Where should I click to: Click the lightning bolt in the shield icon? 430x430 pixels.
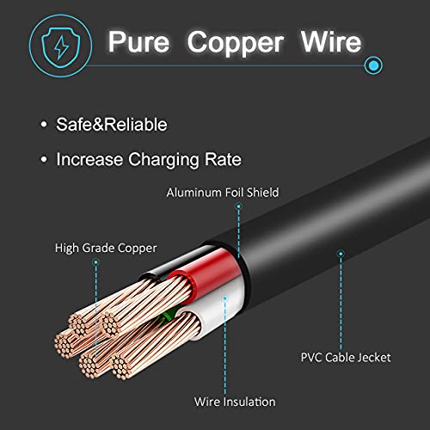click(x=61, y=47)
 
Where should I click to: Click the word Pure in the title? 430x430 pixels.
click(x=138, y=42)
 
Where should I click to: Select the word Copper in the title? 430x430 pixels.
click(x=236, y=44)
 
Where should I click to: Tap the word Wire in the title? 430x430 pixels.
click(x=331, y=42)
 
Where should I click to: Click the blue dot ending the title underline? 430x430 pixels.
click(x=373, y=65)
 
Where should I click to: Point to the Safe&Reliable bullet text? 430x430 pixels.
click(x=112, y=125)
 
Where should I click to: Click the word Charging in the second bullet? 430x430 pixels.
click(x=163, y=160)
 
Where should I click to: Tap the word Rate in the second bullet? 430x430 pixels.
click(x=223, y=159)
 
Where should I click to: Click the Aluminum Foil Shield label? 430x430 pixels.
click(x=223, y=193)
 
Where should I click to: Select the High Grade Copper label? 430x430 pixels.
click(x=106, y=249)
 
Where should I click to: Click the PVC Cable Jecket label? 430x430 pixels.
click(x=346, y=358)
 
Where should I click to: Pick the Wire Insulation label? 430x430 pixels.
click(x=235, y=402)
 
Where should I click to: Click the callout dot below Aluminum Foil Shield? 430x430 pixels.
click(x=238, y=206)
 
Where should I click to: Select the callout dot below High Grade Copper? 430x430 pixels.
click(x=96, y=261)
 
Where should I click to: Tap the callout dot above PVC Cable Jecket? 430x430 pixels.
click(x=341, y=254)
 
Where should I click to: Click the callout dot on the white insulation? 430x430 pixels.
click(x=225, y=298)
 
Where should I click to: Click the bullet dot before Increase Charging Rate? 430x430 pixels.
click(x=44, y=159)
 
